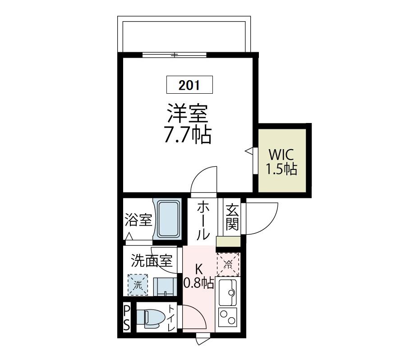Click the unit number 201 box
click(189, 84)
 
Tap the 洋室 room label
click(188, 113)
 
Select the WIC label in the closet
click(281, 155)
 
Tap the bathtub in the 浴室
click(169, 219)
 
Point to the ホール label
click(203, 221)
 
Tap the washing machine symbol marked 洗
click(138, 285)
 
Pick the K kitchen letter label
click(198, 269)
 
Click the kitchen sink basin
click(229, 292)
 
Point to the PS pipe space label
click(127, 318)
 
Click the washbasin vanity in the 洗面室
click(165, 287)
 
